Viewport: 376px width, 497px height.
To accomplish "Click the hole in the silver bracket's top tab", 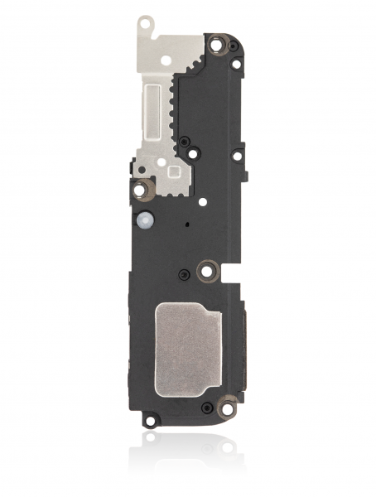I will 146,26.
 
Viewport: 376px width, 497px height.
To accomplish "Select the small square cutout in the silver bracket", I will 173,171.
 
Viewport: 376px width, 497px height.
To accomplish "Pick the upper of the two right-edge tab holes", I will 237,65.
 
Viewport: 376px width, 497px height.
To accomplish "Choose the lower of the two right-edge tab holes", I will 237,155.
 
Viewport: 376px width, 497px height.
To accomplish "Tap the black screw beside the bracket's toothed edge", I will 192,153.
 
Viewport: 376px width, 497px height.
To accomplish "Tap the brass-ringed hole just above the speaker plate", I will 208,269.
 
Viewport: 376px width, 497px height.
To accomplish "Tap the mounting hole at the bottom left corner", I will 149,422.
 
